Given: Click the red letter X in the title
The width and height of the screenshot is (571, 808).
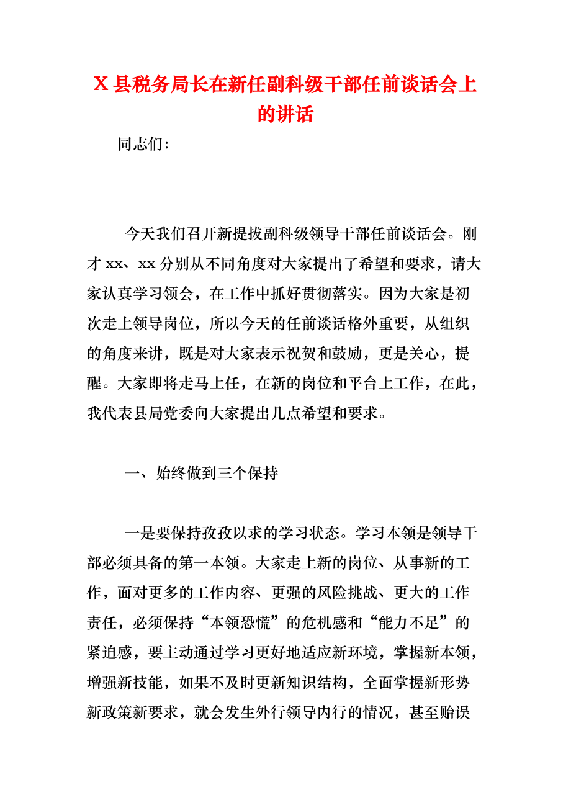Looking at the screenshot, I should click(x=101, y=85).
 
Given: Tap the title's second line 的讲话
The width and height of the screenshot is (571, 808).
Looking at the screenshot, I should click(x=285, y=114).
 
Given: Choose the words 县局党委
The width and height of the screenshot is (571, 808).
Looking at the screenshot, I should click(x=179, y=413).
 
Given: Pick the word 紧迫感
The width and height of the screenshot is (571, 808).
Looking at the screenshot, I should click(x=110, y=652).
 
